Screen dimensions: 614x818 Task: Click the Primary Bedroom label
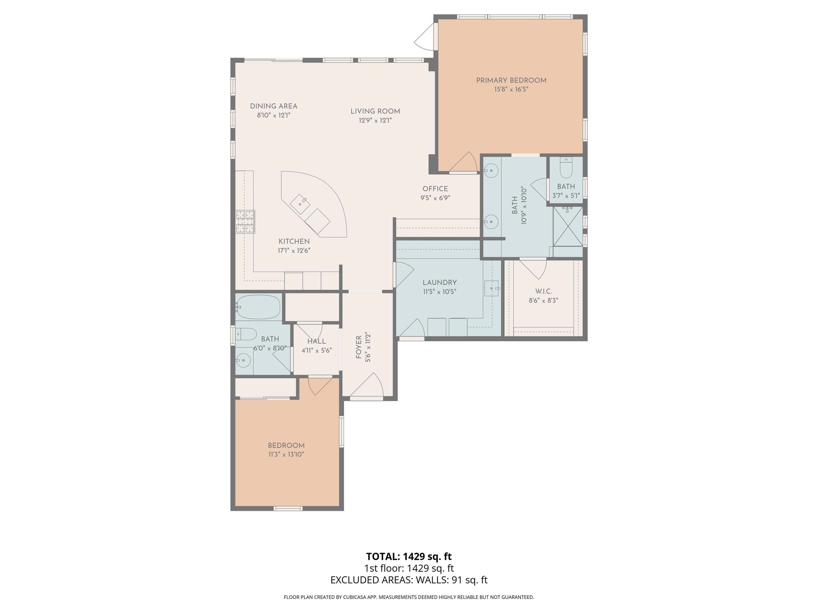[511, 80]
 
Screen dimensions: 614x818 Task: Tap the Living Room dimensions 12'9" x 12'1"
[375, 120]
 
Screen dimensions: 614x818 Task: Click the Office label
[435, 189]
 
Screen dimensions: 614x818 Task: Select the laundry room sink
[491, 288]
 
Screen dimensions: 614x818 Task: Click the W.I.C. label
[543, 291]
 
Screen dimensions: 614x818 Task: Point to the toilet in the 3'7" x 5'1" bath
[566, 169]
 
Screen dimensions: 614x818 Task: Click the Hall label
[317, 341]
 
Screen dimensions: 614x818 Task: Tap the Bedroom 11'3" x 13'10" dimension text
[286, 454]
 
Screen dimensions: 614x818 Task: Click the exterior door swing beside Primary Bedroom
[424, 37]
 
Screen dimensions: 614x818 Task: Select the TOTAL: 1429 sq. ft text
[409, 556]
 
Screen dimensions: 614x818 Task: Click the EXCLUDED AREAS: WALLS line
[409, 580]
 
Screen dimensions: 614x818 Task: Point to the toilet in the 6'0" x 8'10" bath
[246, 334]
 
